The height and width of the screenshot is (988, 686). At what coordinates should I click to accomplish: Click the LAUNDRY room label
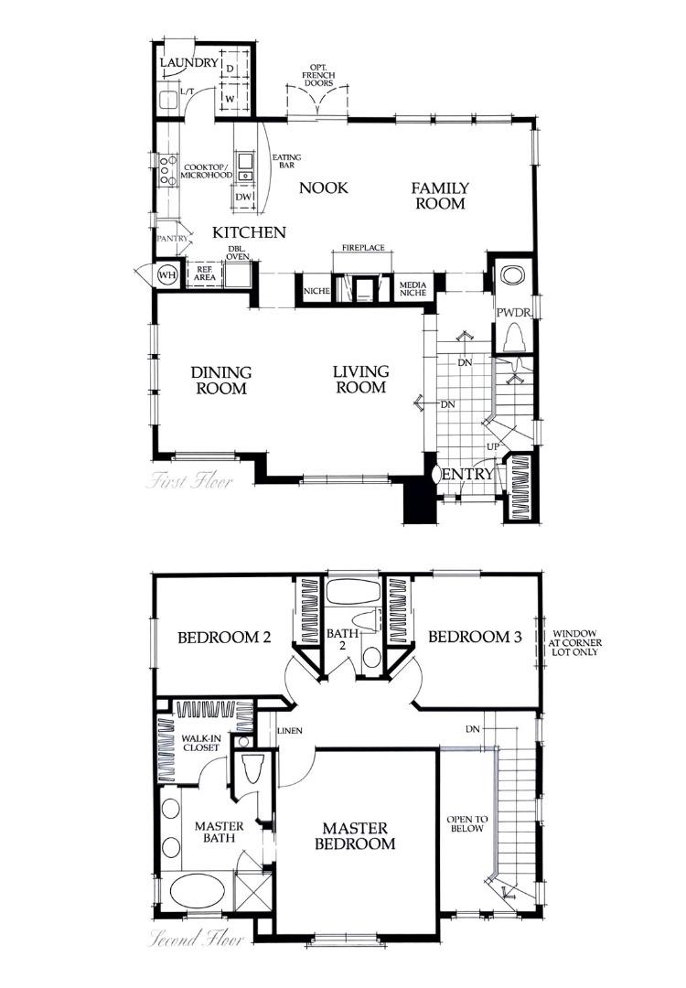(188, 63)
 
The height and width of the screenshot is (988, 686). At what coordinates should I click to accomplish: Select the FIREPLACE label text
(363, 248)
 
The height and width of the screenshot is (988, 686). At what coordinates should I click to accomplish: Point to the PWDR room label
(513, 313)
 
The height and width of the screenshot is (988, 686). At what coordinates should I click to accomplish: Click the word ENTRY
(467, 475)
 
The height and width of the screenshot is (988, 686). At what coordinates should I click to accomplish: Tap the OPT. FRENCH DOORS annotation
(318, 75)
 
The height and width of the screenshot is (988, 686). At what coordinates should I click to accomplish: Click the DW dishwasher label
(243, 197)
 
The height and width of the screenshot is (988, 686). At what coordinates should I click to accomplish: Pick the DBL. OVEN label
(238, 252)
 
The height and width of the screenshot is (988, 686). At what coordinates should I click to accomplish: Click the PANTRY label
(172, 239)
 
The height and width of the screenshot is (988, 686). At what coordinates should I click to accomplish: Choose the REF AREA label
(203, 272)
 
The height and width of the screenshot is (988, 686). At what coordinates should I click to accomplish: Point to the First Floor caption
(189, 480)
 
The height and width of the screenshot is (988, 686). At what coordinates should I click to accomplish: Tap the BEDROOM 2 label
(224, 638)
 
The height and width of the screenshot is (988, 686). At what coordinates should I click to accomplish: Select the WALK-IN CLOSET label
(200, 742)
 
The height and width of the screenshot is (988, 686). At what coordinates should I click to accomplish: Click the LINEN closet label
(291, 730)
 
